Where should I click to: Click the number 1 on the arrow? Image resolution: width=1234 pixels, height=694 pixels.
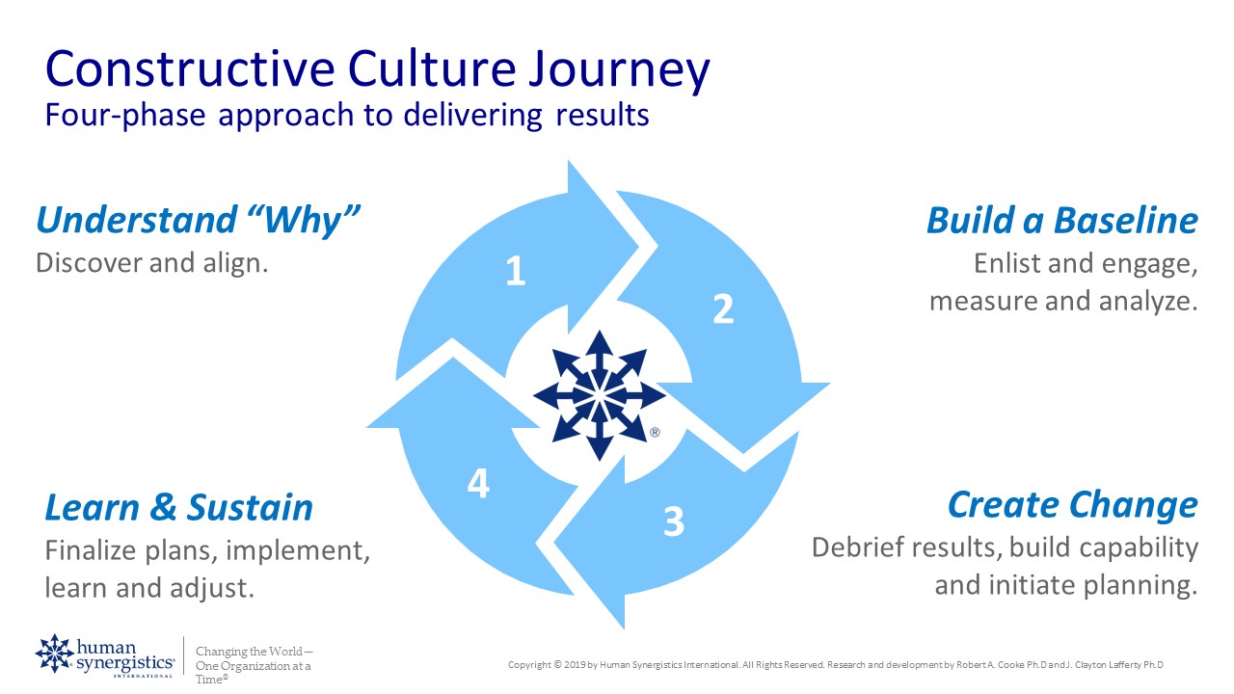[x=516, y=272]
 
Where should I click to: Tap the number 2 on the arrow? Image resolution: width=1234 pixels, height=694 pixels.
[x=723, y=308]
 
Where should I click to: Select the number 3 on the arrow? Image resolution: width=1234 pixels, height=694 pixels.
[x=674, y=521]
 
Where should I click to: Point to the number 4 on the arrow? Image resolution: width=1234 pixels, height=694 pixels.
[x=478, y=483]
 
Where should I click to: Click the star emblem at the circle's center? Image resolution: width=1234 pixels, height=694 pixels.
[x=599, y=395]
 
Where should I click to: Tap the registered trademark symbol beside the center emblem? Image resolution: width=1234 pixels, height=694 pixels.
[x=656, y=434]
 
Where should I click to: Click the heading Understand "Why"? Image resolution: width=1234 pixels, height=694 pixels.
[x=198, y=220]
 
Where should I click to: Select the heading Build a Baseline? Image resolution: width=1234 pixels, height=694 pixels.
[x=1061, y=220]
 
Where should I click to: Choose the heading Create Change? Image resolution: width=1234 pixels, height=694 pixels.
[x=1072, y=504]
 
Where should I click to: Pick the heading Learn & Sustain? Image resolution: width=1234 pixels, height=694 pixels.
[x=179, y=507]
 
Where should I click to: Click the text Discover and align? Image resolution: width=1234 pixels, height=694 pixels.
[x=151, y=262]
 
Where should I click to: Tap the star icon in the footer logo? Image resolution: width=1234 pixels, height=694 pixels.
[x=54, y=654]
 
